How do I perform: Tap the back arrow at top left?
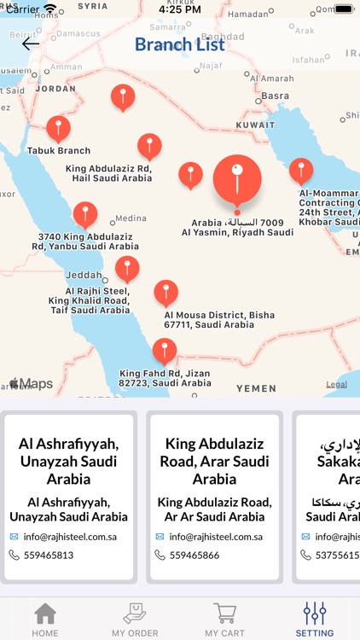click(x=31, y=44)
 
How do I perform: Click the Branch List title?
click(x=180, y=44)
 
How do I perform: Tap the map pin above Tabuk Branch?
click(x=58, y=129)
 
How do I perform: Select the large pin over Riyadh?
click(x=237, y=179)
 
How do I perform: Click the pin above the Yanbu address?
click(x=85, y=215)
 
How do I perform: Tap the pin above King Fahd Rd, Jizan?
click(x=164, y=351)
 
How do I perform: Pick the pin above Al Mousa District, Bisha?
click(x=165, y=293)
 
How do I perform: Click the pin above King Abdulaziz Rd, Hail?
click(x=149, y=146)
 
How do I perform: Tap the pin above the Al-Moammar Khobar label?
click(x=300, y=171)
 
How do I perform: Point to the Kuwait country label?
click(x=255, y=125)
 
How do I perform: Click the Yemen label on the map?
click(x=256, y=388)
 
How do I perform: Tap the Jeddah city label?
click(x=83, y=276)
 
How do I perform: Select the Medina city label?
click(x=130, y=218)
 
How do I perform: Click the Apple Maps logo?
click(x=31, y=384)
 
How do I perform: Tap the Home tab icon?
click(x=45, y=614)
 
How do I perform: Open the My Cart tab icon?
click(x=225, y=614)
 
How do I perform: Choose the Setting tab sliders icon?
click(x=315, y=614)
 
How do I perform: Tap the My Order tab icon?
click(x=135, y=614)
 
